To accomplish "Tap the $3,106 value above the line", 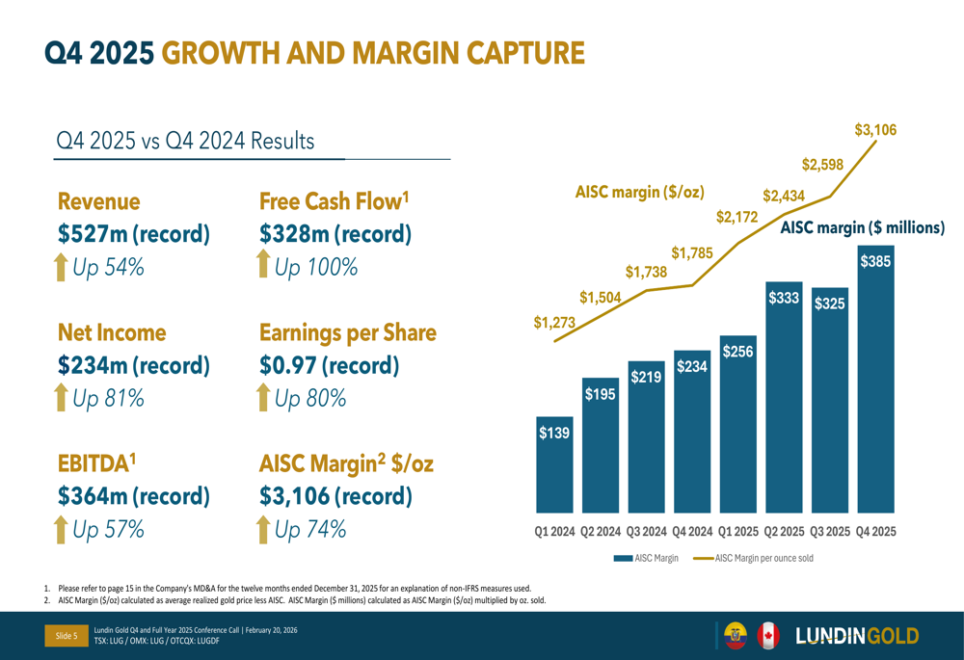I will click(875, 130).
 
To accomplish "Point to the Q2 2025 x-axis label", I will click(784, 531).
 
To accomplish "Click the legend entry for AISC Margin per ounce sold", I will click(753, 558).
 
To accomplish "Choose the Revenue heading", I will click(98, 201).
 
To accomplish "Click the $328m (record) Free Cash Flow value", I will click(335, 233).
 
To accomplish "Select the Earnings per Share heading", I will click(348, 333).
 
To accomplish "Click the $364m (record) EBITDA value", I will click(133, 496).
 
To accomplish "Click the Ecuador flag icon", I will click(736, 635).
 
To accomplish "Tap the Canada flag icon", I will click(768, 635).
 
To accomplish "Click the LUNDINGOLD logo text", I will click(857, 635).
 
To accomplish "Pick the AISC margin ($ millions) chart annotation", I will click(862, 228).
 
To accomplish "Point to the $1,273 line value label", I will click(553, 324).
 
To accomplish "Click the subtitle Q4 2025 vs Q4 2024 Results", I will click(185, 141).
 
